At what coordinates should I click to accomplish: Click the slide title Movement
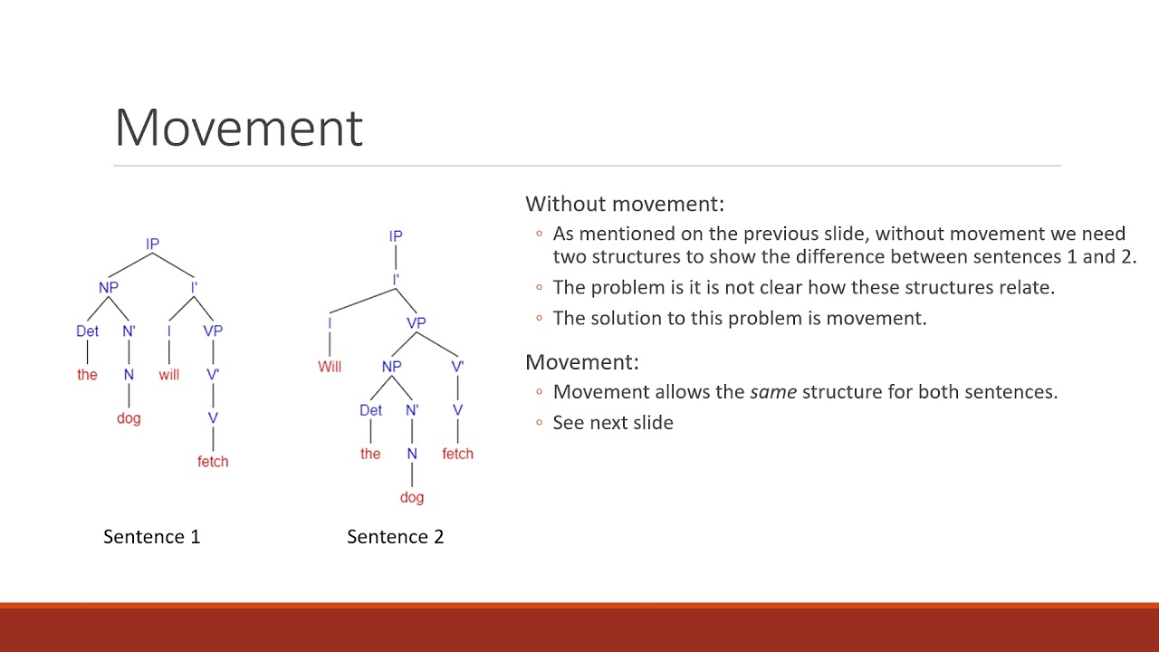238,128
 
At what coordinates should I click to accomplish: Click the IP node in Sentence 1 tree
152,244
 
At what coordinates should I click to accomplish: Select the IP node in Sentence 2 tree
396,236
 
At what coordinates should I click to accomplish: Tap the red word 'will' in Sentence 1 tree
169,374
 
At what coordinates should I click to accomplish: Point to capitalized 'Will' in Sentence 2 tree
330,367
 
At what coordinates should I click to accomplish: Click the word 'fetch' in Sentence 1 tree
213,461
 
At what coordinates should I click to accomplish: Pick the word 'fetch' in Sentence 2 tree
457,454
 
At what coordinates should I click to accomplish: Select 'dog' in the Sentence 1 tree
129,418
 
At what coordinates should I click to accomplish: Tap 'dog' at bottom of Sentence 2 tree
412,497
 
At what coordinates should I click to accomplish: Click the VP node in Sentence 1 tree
213,331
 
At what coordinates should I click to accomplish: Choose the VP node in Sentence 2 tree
417,322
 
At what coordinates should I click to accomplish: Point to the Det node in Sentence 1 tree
87,331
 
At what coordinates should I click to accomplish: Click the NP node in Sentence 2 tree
391,367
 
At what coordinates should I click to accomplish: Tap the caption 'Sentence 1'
151,537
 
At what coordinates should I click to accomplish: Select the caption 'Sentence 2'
395,537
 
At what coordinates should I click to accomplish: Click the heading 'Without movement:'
625,204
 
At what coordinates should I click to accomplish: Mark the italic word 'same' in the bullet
773,392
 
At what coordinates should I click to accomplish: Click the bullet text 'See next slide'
613,423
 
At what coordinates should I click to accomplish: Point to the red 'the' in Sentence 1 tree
87,374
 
